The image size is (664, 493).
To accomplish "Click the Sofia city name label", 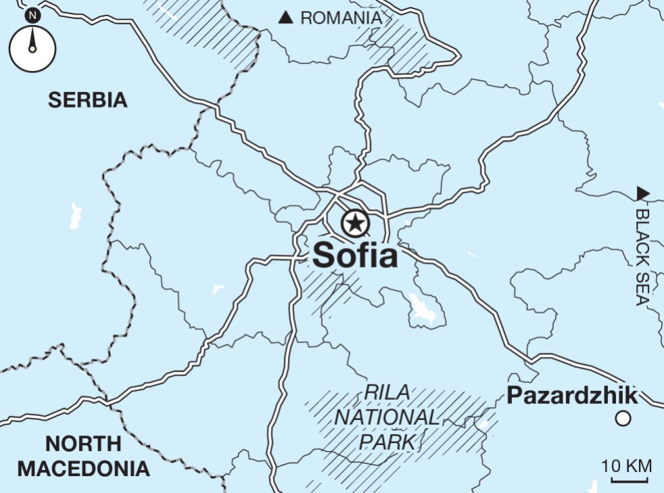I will coord(354,256).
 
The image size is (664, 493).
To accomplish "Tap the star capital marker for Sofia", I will coord(355,223).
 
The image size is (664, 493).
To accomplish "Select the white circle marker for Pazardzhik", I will coord(623,419).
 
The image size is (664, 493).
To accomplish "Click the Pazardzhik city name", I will coord(571,395).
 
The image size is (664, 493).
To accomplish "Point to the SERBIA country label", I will coord(88,101).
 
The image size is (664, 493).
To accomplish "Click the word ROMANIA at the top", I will coord(340,18).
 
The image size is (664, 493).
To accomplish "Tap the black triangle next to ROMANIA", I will coord(286,18).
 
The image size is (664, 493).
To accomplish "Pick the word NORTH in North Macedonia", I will coord(84,444).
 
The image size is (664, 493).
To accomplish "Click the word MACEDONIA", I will coord(84,469).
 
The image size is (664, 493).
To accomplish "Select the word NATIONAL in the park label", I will coord(387,417).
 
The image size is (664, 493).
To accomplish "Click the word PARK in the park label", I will coord(387,442).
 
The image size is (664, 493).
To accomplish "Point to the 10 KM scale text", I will coord(627,465).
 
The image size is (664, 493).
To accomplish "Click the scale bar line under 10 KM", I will coord(630,481).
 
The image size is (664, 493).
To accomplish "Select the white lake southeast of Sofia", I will coord(423,309).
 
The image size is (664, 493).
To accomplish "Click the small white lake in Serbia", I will coord(74,215).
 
